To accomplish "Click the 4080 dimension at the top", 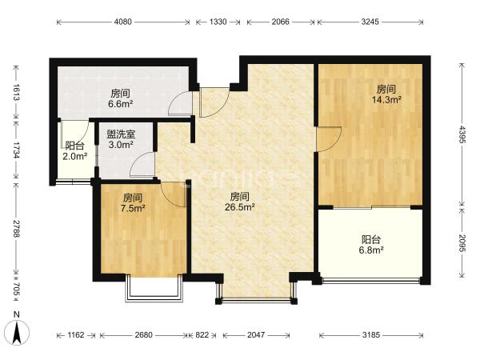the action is click(122, 22).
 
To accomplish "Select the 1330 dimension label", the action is click(218, 22).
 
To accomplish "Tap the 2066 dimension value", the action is click(281, 22).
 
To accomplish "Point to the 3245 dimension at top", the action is click(370, 22).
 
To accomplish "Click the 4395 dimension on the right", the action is click(462, 134).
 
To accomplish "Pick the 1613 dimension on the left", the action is click(17, 92).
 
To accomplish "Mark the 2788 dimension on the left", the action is click(17, 228).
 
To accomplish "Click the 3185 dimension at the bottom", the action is click(371, 335).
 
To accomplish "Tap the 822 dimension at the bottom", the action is click(202, 335).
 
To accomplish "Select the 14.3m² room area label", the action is click(386, 99).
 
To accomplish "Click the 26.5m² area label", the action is click(240, 207).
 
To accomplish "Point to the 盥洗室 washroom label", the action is click(121, 134).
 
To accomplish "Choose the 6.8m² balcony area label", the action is click(371, 250).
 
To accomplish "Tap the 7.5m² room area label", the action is click(133, 209).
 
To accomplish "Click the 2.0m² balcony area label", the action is click(75, 157).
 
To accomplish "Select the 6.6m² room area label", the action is click(120, 104).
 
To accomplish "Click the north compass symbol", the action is click(17, 332).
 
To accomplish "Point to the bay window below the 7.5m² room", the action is click(154, 288).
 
